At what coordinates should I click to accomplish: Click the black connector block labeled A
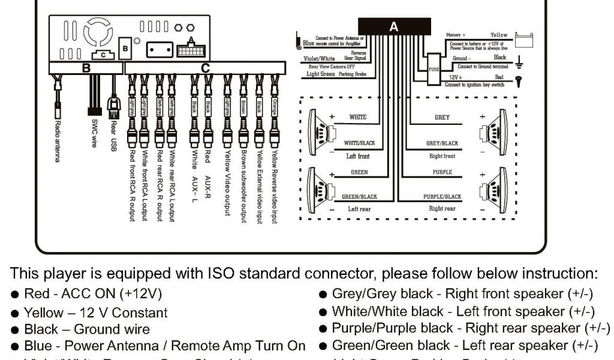[x=393, y=27]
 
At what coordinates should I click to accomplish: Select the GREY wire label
[x=442, y=118]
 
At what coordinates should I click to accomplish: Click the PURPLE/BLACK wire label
[x=443, y=196]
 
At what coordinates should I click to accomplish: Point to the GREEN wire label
[x=359, y=172]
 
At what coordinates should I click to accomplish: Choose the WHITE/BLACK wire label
[x=359, y=143]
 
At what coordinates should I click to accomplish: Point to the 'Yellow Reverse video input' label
[x=274, y=187]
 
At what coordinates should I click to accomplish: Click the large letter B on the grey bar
[x=86, y=68]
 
